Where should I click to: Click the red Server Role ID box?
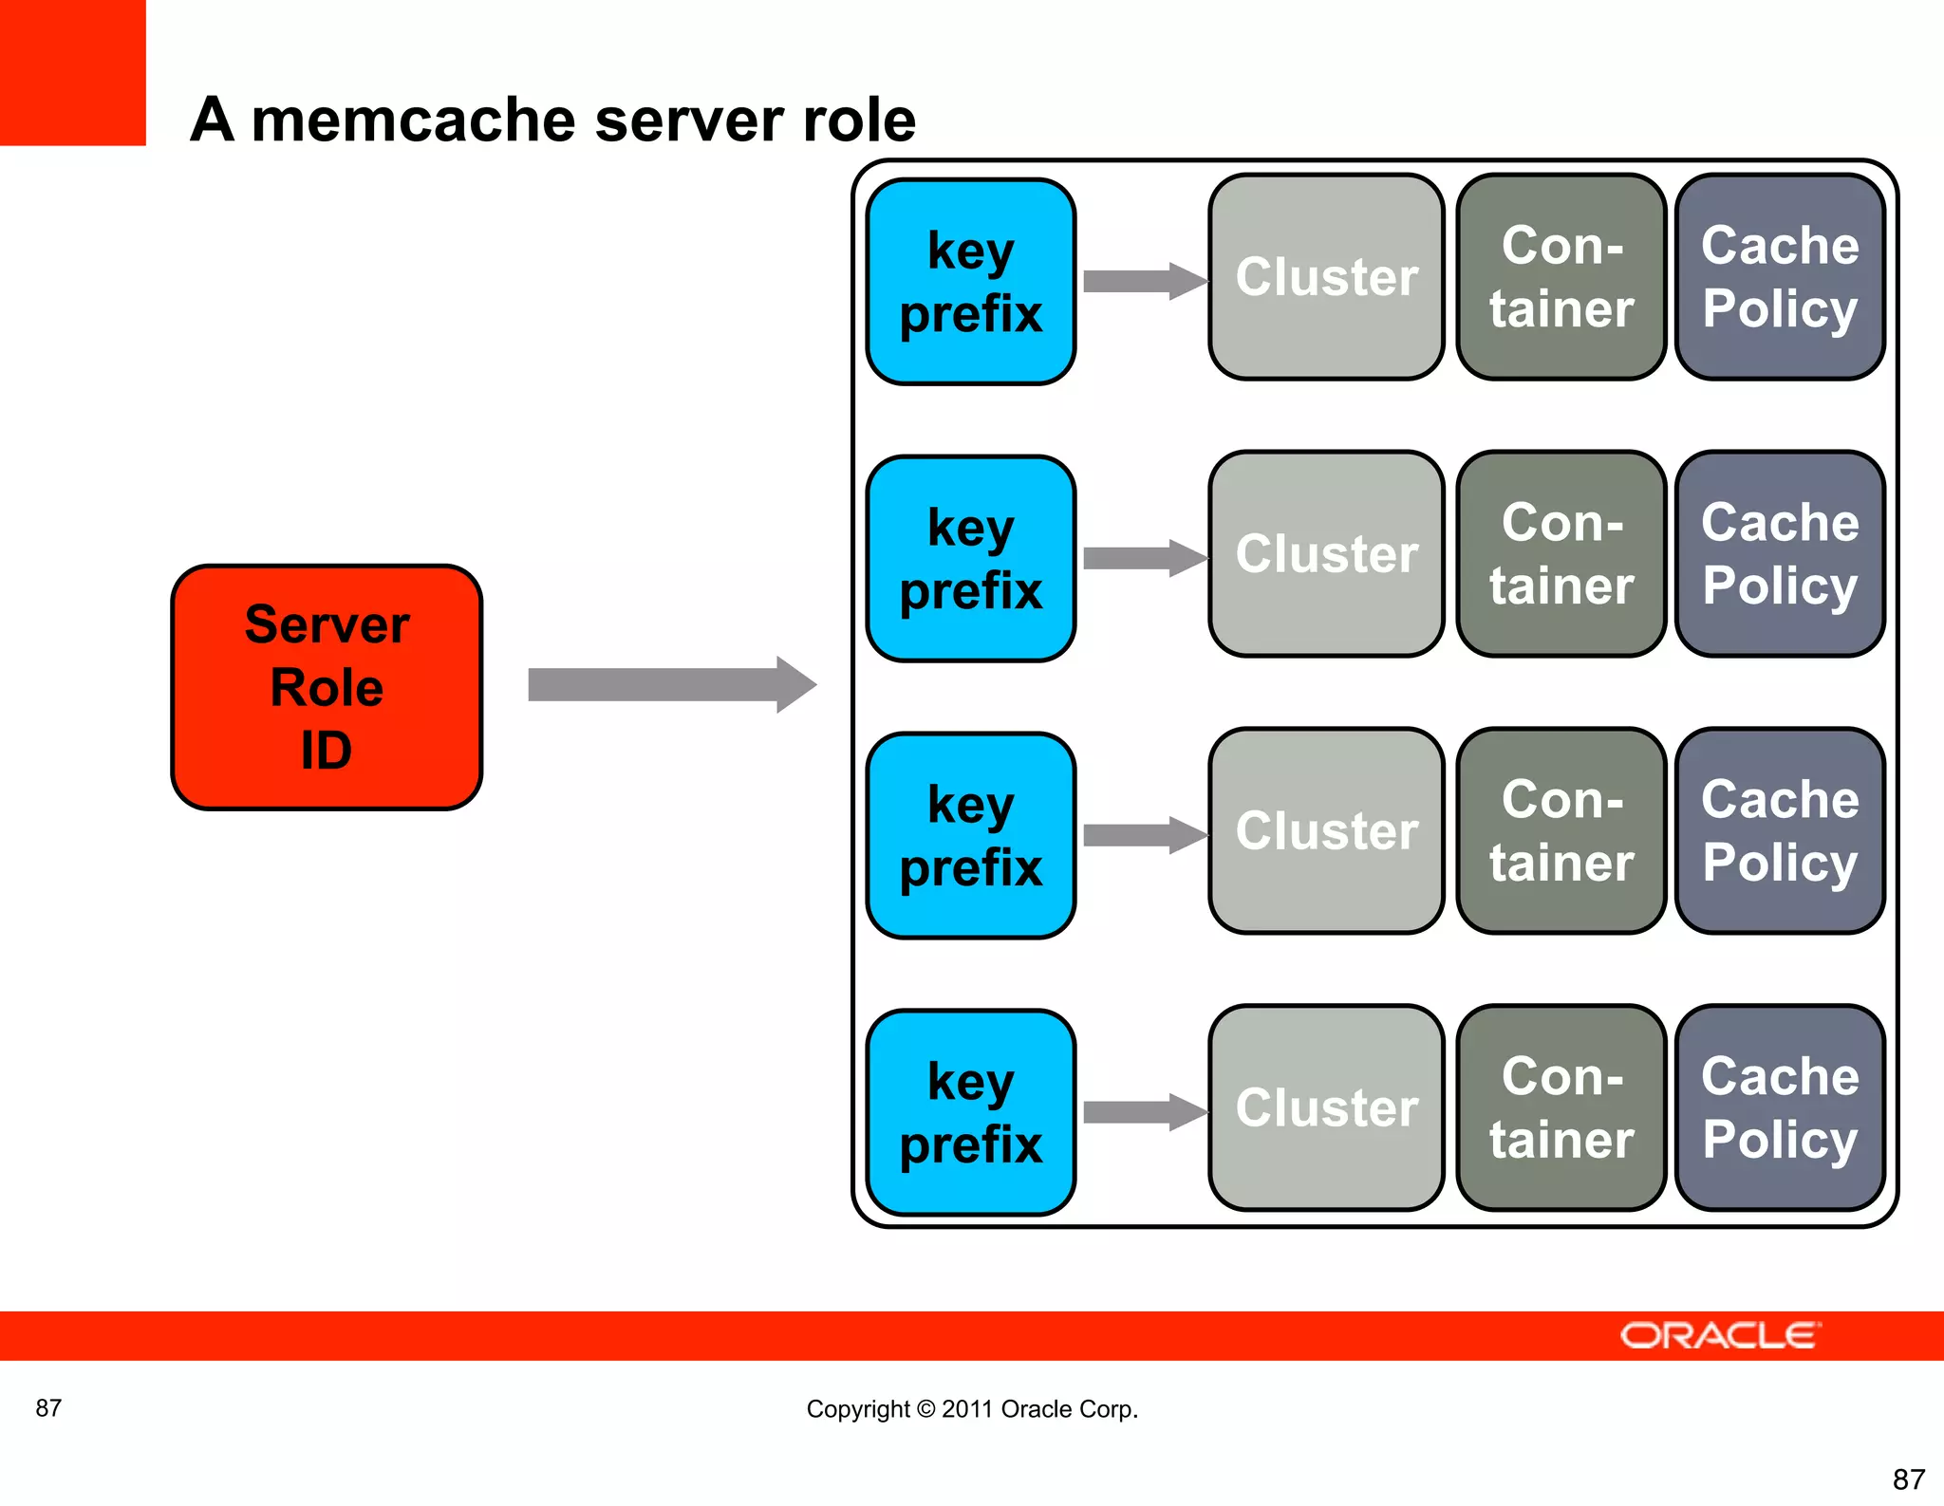(327, 687)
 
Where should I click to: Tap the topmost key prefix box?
(971, 282)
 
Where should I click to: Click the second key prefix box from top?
(971, 559)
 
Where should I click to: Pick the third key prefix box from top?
(971, 836)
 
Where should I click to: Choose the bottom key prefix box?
(971, 1112)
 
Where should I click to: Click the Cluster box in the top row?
(1326, 277)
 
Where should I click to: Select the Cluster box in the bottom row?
(1326, 1107)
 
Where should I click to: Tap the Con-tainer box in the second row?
(1561, 554)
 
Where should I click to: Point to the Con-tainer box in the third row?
(1561, 831)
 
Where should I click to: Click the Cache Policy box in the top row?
(1780, 277)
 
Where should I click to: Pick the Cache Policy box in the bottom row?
(1780, 1107)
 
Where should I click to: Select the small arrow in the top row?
(1143, 281)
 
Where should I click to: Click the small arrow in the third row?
(1143, 835)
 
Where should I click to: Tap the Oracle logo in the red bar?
(1720, 1335)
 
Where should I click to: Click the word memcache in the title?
(413, 121)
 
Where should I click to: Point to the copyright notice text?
(972, 1409)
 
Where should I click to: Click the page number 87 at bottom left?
(48, 1408)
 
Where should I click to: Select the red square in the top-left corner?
(72, 72)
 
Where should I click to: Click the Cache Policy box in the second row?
(1780, 554)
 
